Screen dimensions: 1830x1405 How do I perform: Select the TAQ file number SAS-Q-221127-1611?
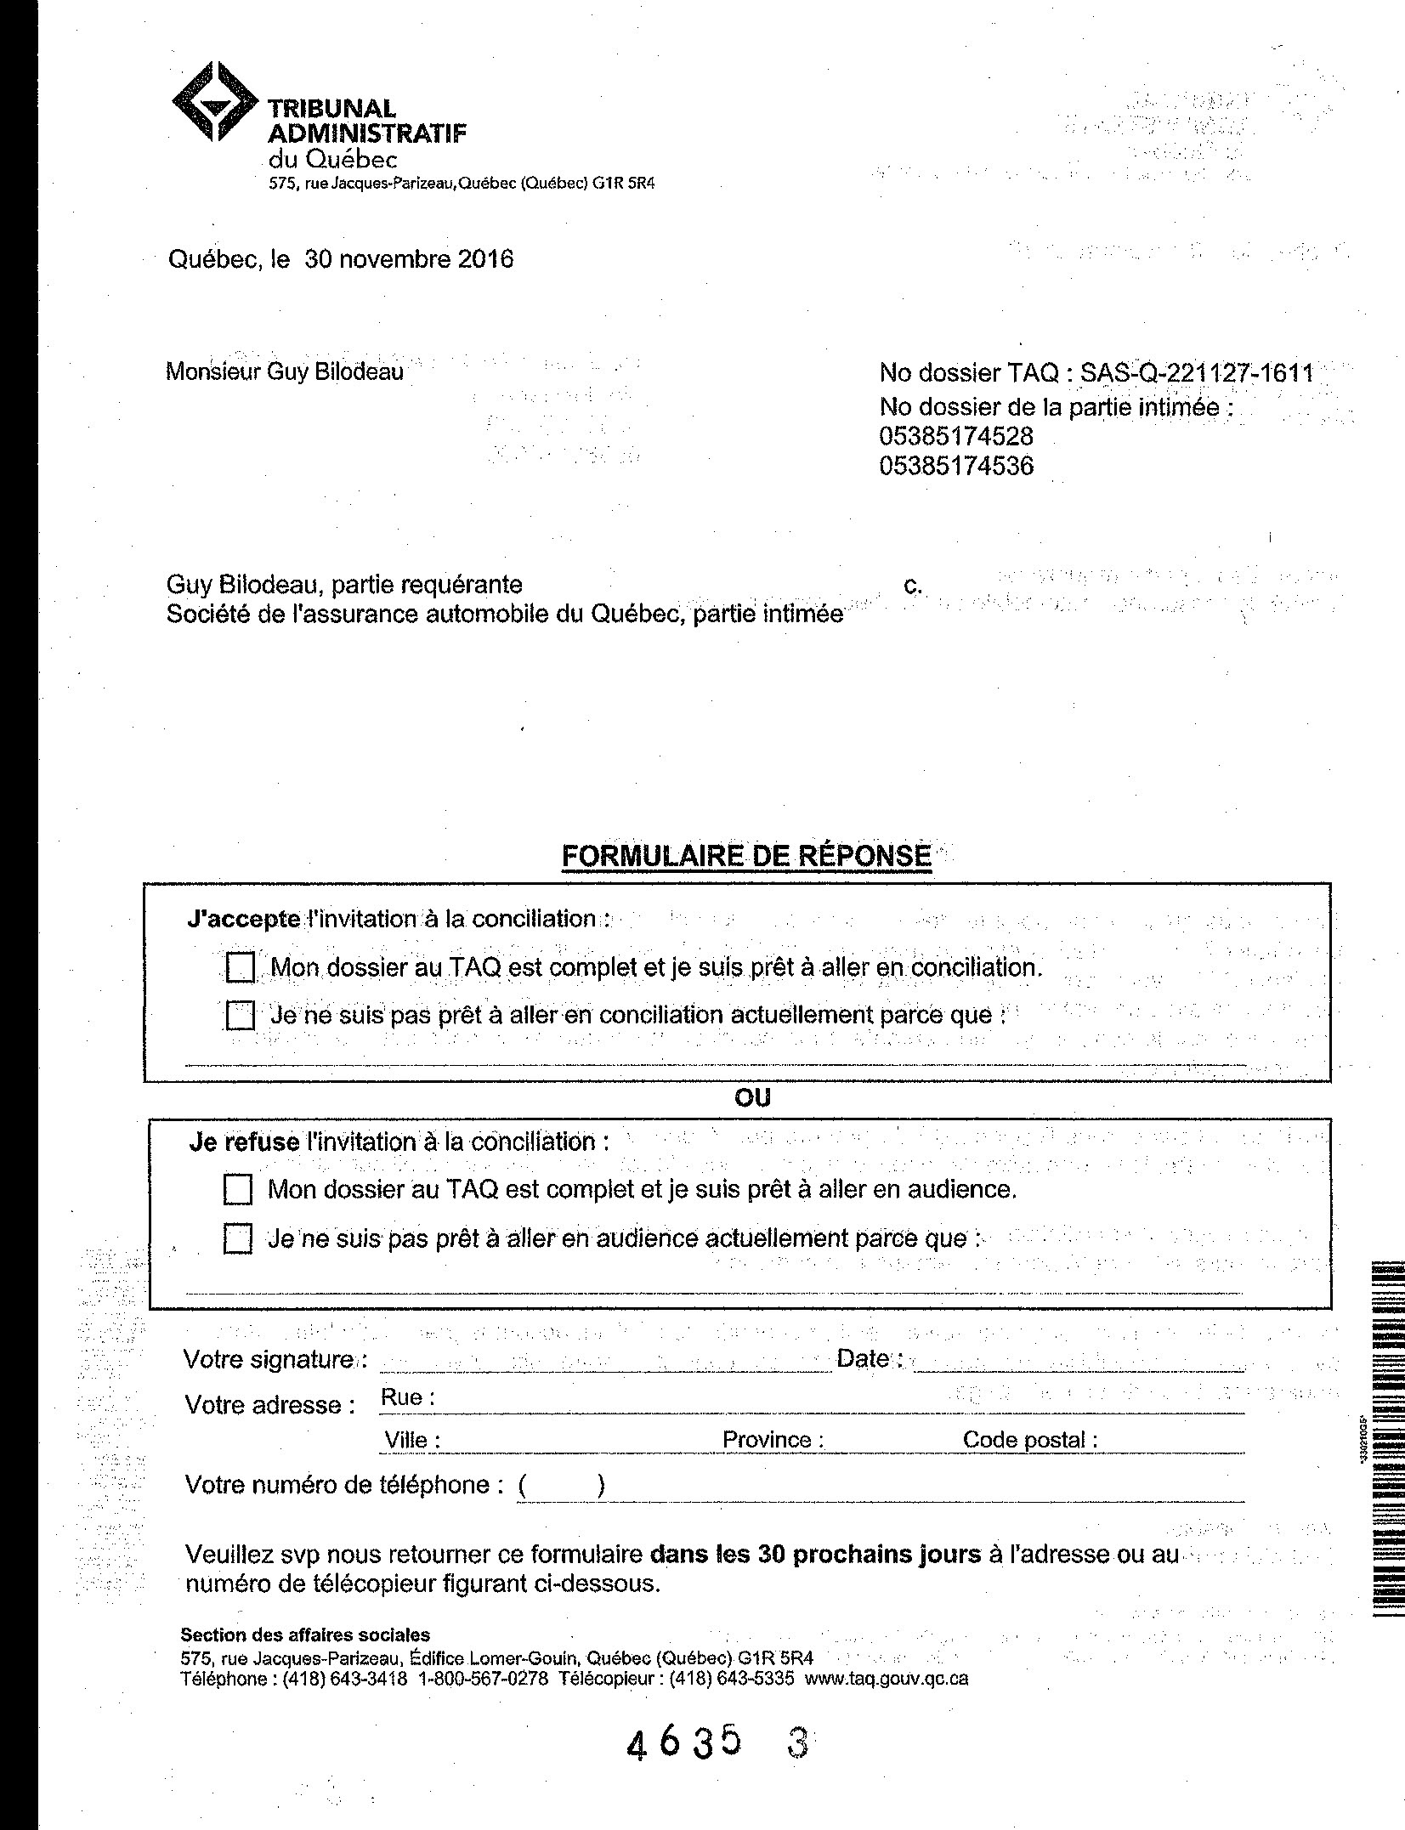[1196, 372]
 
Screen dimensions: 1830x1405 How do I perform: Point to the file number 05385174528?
[956, 437]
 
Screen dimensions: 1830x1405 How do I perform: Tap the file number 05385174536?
[956, 466]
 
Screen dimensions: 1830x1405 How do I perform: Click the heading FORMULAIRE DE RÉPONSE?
[746, 855]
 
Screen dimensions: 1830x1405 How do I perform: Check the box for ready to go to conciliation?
[241, 967]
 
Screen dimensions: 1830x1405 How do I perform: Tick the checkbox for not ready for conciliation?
[241, 1016]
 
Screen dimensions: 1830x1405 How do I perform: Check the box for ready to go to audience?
[238, 1190]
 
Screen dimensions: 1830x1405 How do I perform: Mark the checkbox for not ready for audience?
[238, 1238]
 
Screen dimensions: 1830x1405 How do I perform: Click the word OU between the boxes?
[752, 1098]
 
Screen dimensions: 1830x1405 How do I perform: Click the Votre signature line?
[603, 1360]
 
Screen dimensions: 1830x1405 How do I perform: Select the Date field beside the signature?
[1078, 1360]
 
